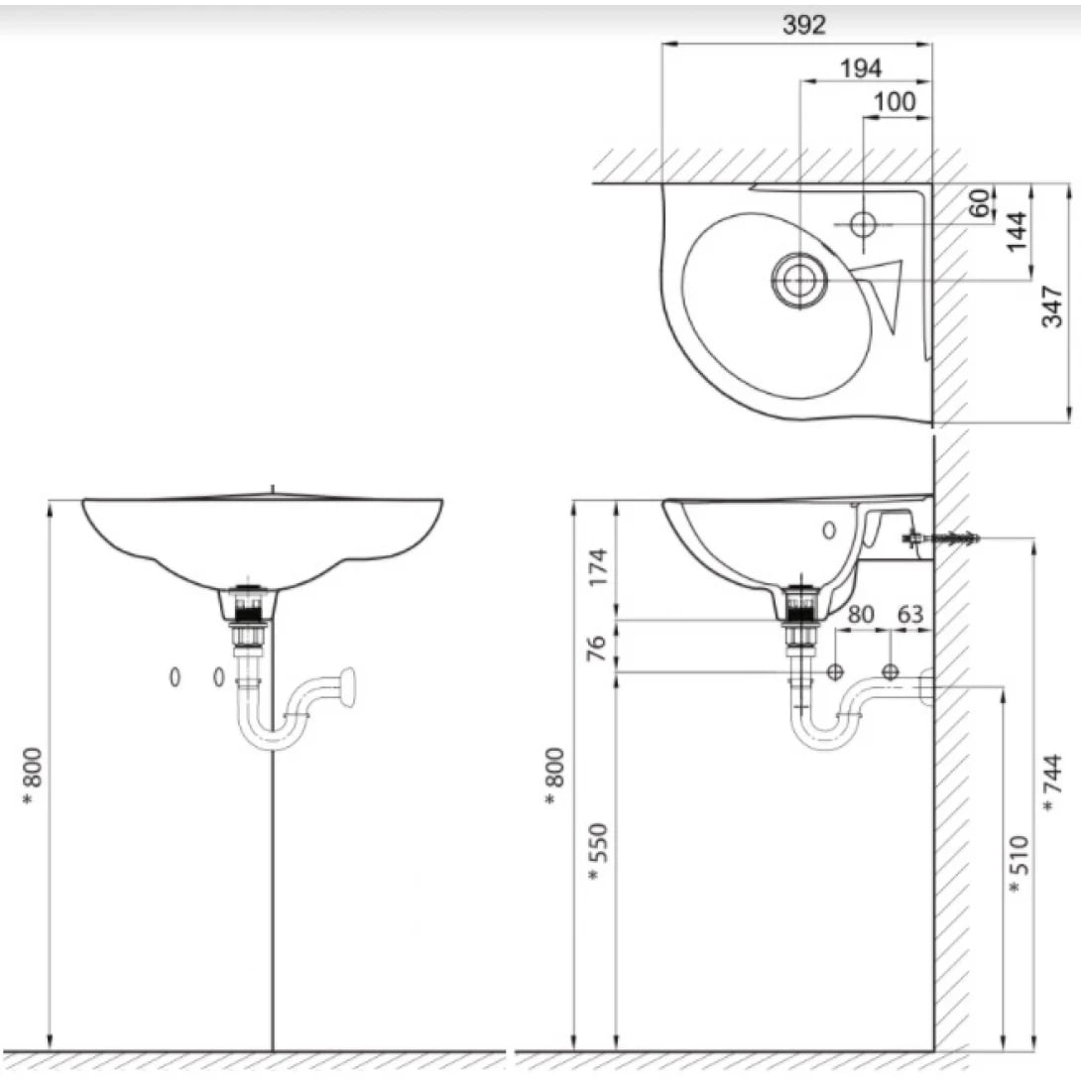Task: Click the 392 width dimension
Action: pyautogui.click(x=803, y=26)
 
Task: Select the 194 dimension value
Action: pyautogui.click(x=860, y=67)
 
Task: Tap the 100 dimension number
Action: pyautogui.click(x=895, y=101)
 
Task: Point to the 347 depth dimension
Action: pyautogui.click(x=1053, y=302)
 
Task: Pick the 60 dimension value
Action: pyautogui.click(x=980, y=203)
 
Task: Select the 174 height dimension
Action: pyautogui.click(x=597, y=566)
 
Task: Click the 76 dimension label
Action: pyautogui.click(x=597, y=647)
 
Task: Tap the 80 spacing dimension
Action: pyautogui.click(x=860, y=614)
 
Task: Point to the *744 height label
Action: pyautogui.click(x=1051, y=783)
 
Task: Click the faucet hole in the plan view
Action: pyautogui.click(x=863, y=224)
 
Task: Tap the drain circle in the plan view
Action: pyautogui.click(x=798, y=281)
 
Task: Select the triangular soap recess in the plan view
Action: pyautogui.click(x=888, y=294)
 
